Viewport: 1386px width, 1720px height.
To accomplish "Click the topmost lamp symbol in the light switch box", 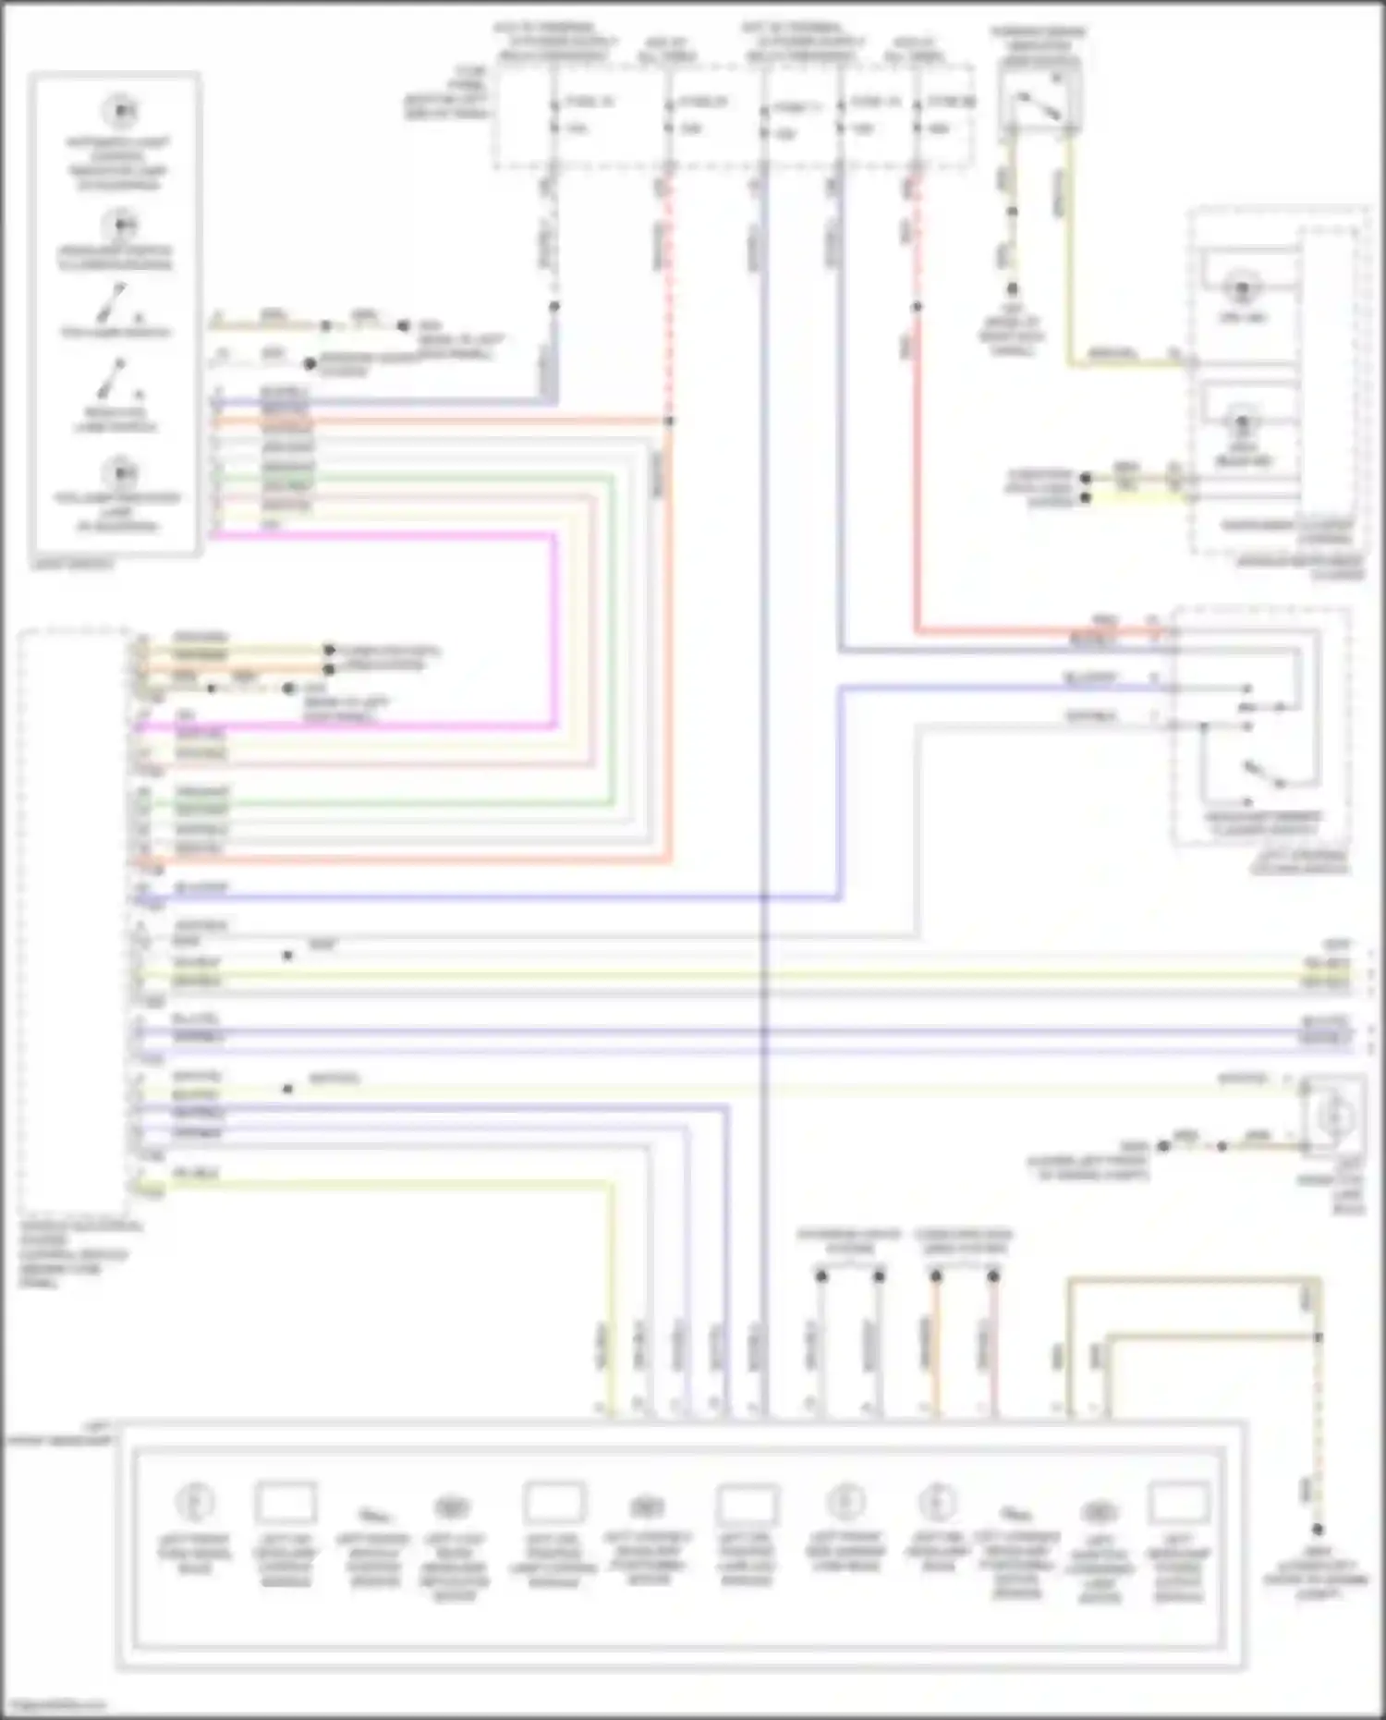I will point(119,111).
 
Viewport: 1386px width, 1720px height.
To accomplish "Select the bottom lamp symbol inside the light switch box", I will point(119,473).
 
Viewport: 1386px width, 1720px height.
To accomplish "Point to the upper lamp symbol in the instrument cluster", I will point(1243,287).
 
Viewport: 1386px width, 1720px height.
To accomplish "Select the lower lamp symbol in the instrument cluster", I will point(1243,424).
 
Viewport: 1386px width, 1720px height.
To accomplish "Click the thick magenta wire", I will point(554,628).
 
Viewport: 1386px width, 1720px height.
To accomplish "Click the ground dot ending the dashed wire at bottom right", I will point(1319,1530).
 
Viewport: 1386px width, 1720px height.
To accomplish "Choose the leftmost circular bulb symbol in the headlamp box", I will point(195,1501).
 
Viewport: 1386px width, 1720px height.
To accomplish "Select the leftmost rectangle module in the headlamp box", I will point(286,1502).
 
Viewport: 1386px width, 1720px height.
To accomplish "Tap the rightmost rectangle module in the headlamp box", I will point(1178,1502).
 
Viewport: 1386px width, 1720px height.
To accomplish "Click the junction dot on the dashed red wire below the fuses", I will point(917,306).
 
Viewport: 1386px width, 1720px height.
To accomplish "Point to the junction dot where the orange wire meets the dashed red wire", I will point(670,421).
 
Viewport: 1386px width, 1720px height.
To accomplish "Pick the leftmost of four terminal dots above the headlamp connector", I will point(821,1276).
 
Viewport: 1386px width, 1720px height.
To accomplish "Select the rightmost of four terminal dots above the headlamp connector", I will point(993,1276).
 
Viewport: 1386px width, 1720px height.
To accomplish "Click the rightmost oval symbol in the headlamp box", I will point(1097,1512).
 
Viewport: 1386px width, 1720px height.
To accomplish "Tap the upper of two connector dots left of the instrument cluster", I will point(1086,478).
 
